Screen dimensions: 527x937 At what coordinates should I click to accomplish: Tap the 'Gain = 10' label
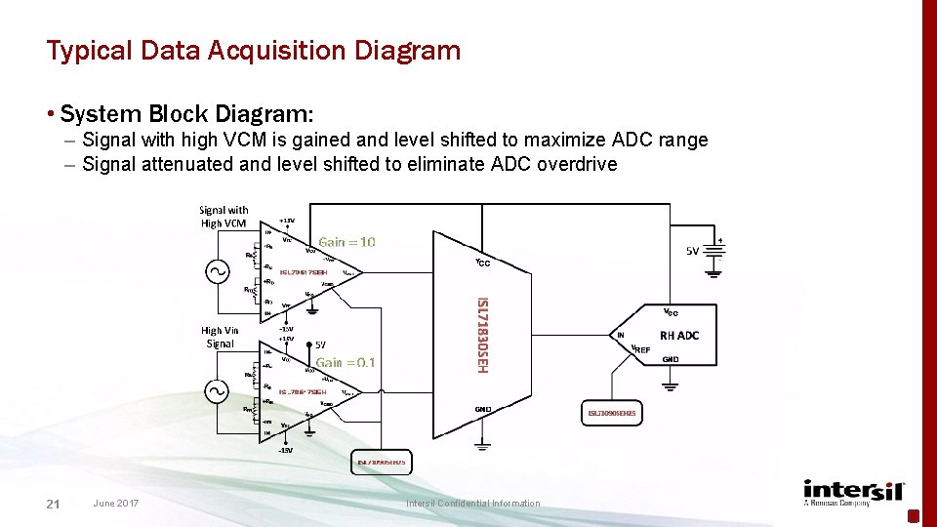(346, 242)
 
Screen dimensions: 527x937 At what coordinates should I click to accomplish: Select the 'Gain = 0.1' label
(346, 363)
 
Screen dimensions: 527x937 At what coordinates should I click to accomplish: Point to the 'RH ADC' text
(679, 335)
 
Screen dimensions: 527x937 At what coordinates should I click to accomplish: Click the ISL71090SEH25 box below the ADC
(611, 414)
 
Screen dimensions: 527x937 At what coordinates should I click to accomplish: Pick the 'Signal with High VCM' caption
(224, 217)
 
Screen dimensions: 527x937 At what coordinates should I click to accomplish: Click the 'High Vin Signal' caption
(220, 337)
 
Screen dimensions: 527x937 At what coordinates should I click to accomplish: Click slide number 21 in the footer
(54, 504)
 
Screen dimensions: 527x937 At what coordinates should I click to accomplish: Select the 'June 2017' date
(115, 504)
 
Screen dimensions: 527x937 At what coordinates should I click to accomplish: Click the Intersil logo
(854, 493)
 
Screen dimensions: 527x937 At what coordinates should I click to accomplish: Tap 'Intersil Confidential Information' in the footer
(472, 504)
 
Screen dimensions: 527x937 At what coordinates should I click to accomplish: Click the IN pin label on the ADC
(621, 335)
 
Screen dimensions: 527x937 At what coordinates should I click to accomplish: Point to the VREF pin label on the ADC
(640, 348)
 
